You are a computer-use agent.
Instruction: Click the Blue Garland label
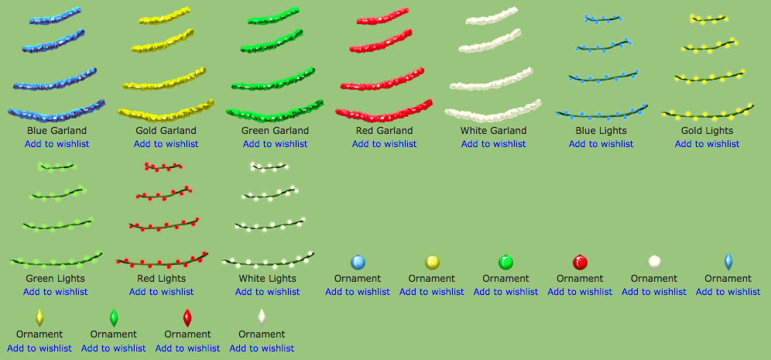57,131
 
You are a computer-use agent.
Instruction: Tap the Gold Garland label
166,131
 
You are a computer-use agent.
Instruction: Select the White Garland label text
493,131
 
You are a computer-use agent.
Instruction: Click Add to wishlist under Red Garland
385,144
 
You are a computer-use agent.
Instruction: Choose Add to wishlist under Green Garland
276,144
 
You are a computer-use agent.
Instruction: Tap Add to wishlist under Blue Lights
601,144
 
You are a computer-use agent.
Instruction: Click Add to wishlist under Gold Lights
707,144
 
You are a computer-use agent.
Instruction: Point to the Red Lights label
161,279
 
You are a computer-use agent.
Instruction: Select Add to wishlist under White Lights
268,292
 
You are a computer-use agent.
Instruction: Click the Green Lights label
56,279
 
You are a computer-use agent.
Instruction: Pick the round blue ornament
358,262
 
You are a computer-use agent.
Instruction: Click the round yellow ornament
432,262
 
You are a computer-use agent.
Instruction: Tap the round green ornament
506,262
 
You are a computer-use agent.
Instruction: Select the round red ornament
581,262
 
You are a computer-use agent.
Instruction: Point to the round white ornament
654,262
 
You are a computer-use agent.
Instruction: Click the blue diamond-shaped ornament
728,262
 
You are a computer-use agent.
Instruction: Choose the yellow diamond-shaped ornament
39,317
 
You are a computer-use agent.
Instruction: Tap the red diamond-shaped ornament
187,317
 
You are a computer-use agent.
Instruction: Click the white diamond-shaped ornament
262,317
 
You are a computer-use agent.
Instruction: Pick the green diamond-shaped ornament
114,317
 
